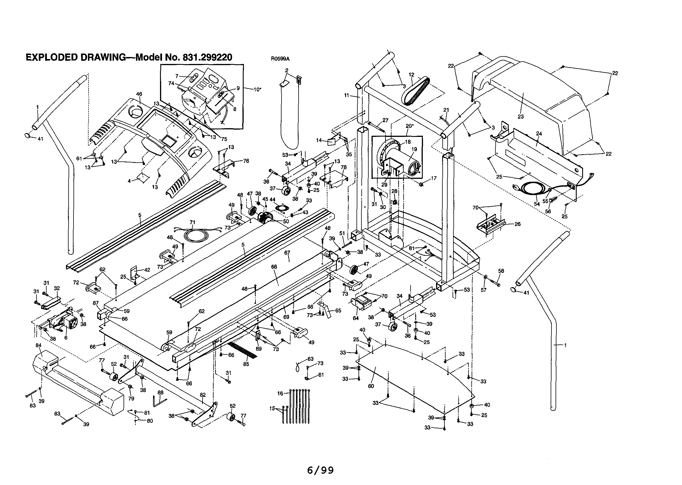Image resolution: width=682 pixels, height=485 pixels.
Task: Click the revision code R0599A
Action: click(280, 59)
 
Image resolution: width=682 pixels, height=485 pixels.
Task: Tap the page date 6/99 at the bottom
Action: click(320, 470)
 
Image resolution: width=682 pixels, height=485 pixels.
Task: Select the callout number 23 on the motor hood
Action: click(521, 116)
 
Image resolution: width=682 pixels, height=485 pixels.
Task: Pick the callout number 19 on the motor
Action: click(414, 149)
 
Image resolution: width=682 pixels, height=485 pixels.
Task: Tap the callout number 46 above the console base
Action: click(139, 94)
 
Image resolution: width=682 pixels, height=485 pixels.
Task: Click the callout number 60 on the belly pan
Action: click(371, 386)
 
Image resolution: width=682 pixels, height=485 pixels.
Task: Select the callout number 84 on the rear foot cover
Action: click(38, 345)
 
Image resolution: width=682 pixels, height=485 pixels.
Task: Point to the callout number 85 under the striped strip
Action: click(246, 364)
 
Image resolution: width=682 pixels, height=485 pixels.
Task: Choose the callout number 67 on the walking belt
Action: click(287, 253)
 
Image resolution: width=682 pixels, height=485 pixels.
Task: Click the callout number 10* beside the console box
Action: click(257, 89)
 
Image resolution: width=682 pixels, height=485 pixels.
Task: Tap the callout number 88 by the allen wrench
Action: click(160, 392)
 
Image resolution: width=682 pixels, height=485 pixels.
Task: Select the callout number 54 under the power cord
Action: click(537, 204)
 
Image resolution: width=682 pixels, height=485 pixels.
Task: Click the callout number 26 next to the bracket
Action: click(517, 224)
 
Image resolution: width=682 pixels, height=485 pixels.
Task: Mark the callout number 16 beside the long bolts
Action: click(280, 393)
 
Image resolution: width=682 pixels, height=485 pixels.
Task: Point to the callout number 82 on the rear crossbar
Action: click(203, 394)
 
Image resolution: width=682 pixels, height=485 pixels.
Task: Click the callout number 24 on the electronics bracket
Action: click(539, 133)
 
